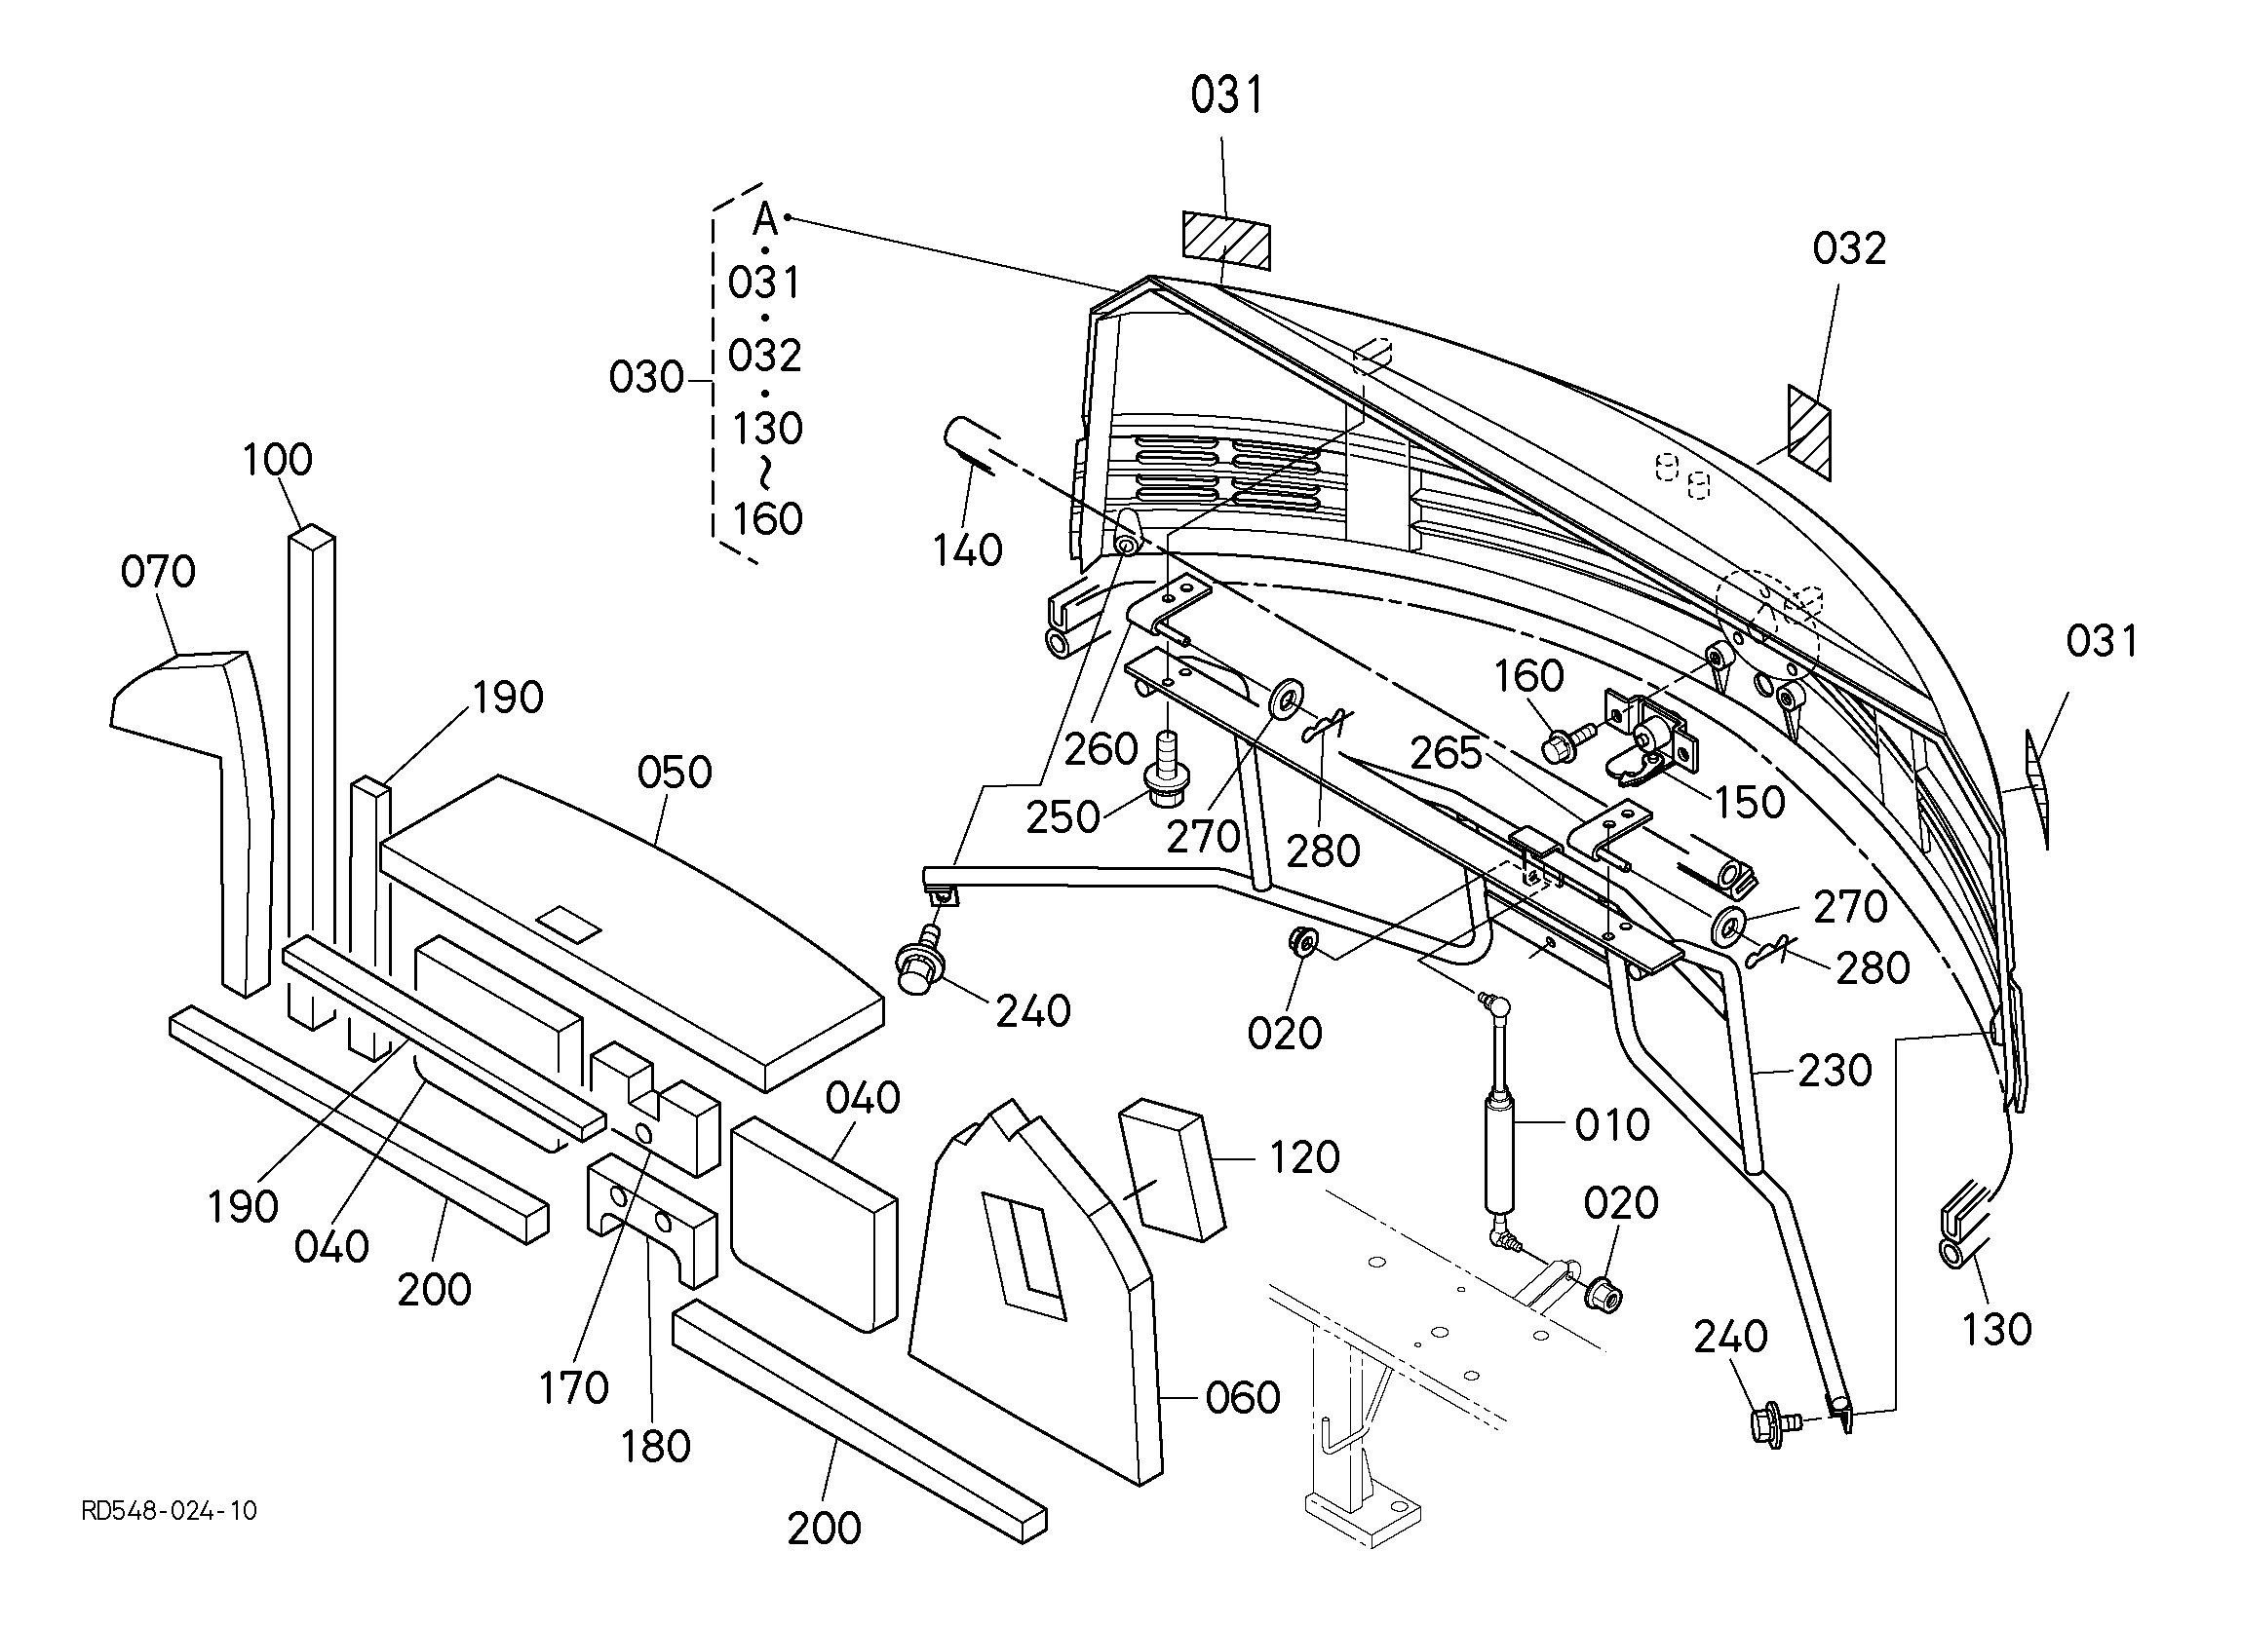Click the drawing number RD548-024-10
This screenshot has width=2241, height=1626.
tap(169, 1511)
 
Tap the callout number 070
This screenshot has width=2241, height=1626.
tap(158, 572)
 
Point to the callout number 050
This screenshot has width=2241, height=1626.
tap(674, 773)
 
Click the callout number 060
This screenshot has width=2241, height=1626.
tap(1243, 1398)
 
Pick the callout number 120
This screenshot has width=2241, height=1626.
tap(1304, 1156)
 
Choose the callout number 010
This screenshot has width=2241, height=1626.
tap(1611, 1125)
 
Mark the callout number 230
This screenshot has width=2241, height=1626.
tap(1835, 1071)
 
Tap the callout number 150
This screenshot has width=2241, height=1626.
tap(1750, 803)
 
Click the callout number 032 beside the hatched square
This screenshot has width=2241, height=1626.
tap(1849, 249)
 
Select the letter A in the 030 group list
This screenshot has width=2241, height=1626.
tap(766, 219)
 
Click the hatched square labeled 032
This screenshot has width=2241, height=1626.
tap(1809, 432)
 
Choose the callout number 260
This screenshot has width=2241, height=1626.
tap(1101, 750)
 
